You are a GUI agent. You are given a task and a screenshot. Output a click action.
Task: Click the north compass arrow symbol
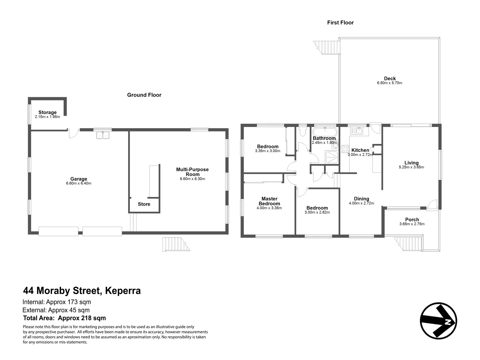coord(438,321)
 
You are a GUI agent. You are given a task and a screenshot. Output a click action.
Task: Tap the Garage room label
coord(78,179)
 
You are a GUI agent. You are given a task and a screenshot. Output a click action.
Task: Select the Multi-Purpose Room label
coord(192,172)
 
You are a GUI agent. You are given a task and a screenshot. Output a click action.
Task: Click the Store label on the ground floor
coord(144,204)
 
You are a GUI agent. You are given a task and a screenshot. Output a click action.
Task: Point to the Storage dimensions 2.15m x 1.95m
coord(47,117)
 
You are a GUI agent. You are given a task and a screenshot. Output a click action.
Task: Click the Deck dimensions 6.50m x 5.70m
coord(390,83)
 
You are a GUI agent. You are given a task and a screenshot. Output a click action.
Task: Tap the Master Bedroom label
coord(269,201)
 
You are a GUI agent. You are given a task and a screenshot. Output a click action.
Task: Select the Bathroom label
coord(324,138)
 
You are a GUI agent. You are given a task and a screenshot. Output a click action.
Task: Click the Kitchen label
coord(360,150)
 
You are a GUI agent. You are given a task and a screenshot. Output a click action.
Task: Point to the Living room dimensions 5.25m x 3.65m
coord(411,167)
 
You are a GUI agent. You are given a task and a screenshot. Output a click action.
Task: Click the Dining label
coord(361,199)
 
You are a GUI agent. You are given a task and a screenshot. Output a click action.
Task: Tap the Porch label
coord(412,220)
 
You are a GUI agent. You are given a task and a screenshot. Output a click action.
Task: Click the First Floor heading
coord(340,23)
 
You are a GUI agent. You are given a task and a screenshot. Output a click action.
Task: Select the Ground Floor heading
coord(144,95)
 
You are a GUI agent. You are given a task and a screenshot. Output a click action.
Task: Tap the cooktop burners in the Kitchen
coord(345,149)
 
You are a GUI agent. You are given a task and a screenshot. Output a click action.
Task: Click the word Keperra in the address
coord(123,291)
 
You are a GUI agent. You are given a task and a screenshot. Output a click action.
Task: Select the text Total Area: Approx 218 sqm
coord(64,318)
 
